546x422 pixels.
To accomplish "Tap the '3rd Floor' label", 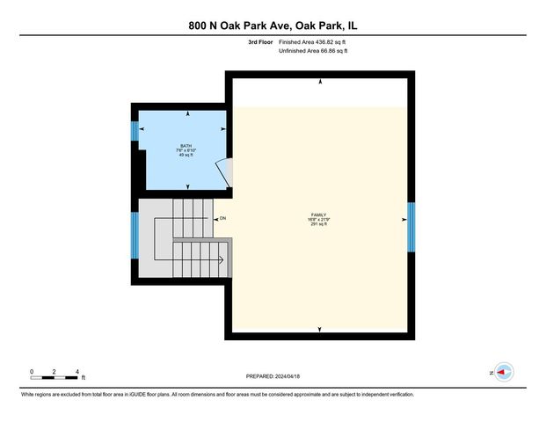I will pyautogui.click(x=261, y=41).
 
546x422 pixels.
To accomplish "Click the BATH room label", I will pyautogui.click(x=186, y=146).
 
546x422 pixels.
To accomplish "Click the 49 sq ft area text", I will pyautogui.click(x=186, y=156).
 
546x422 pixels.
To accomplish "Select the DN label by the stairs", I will pyautogui.click(x=222, y=218).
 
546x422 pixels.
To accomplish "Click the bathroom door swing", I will pyautogui.click(x=227, y=172).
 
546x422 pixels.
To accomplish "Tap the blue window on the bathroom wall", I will pyautogui.click(x=135, y=131).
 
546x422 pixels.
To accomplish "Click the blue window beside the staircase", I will pyautogui.click(x=135, y=235).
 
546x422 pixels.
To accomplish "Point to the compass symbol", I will pyautogui.click(x=504, y=373).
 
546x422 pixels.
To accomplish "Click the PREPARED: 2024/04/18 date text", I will pyautogui.click(x=273, y=375).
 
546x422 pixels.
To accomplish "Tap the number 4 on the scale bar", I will pyautogui.click(x=78, y=372).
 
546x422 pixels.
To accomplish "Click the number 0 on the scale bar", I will pyautogui.click(x=31, y=372).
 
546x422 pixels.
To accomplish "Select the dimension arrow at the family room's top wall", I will pyautogui.click(x=320, y=82).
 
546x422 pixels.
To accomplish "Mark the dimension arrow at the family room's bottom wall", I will pyautogui.click(x=320, y=330).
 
